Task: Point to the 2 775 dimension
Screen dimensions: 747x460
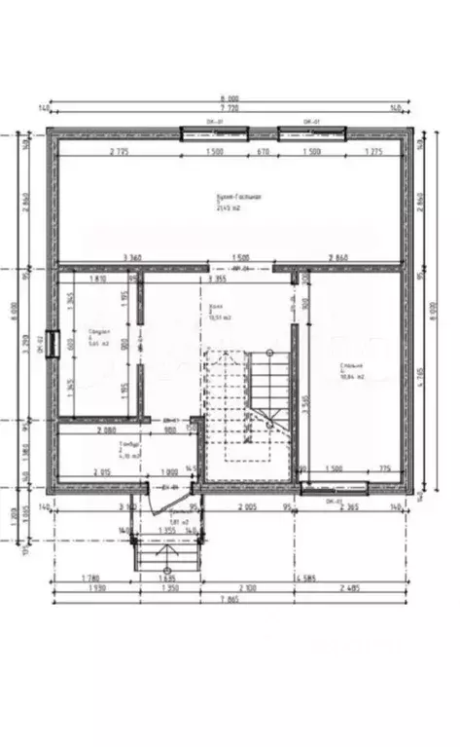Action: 120,152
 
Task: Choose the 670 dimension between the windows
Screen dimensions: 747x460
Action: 263,152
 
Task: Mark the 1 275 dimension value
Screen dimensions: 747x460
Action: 372,152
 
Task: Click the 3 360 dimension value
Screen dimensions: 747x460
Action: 131,257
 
